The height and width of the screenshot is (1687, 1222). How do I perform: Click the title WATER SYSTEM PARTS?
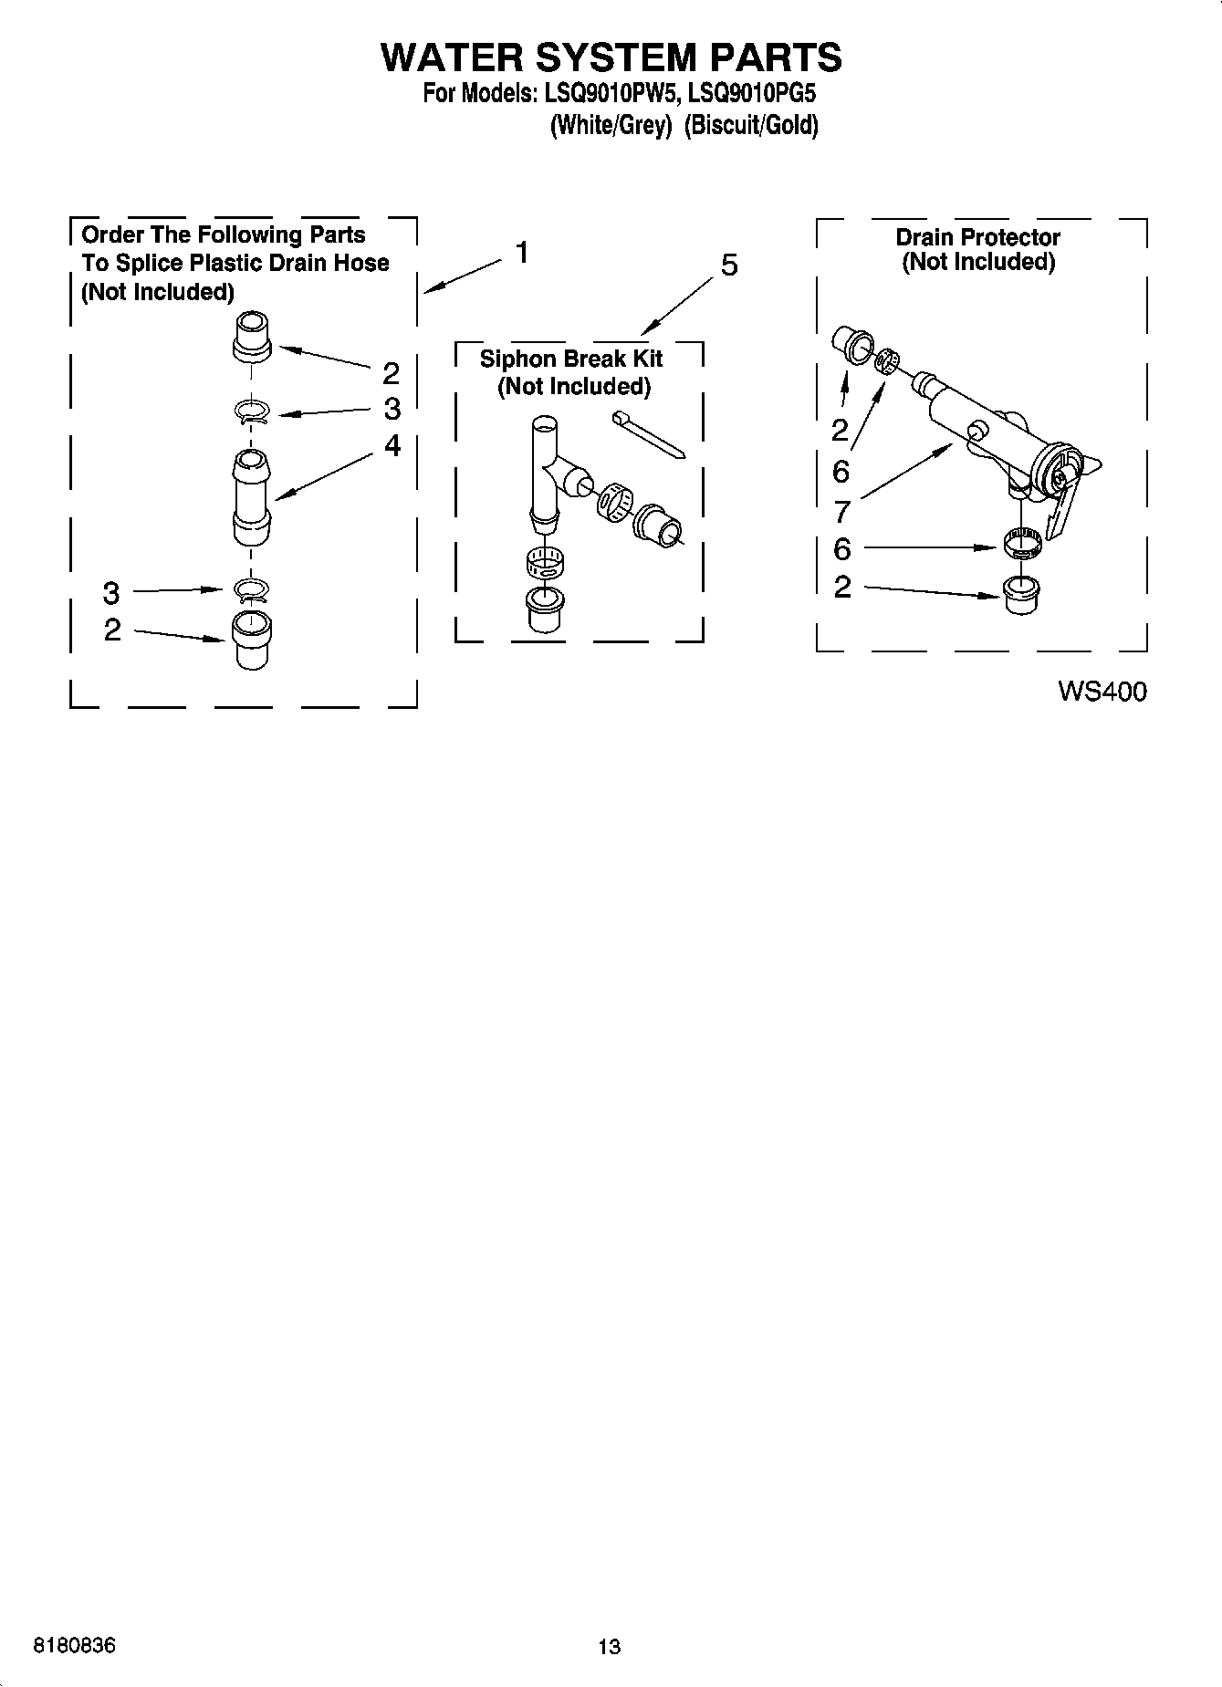pyautogui.click(x=611, y=57)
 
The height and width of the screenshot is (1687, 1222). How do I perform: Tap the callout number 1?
pyautogui.click(x=521, y=252)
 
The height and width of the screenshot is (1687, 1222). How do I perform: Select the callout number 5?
pyautogui.click(x=728, y=266)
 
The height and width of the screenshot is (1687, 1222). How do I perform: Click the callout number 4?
pyautogui.click(x=392, y=445)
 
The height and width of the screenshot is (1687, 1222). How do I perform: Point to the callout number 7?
pyautogui.click(x=841, y=511)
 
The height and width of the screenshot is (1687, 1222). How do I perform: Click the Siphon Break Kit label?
pyautogui.click(x=571, y=359)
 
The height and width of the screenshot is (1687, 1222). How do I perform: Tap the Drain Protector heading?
pyautogui.click(x=977, y=237)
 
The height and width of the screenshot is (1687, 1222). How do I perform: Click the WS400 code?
pyautogui.click(x=1102, y=692)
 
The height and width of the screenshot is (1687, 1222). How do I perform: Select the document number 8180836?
pyautogui.click(x=74, y=1646)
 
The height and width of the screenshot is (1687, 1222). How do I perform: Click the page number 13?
pyautogui.click(x=609, y=1647)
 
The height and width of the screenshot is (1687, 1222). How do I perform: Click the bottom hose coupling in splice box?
pyautogui.click(x=252, y=640)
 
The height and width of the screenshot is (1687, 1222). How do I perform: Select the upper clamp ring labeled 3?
pyautogui.click(x=251, y=412)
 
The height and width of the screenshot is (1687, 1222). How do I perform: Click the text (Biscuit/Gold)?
pyautogui.click(x=750, y=125)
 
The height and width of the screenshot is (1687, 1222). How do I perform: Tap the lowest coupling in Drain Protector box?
pyautogui.click(x=1020, y=595)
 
